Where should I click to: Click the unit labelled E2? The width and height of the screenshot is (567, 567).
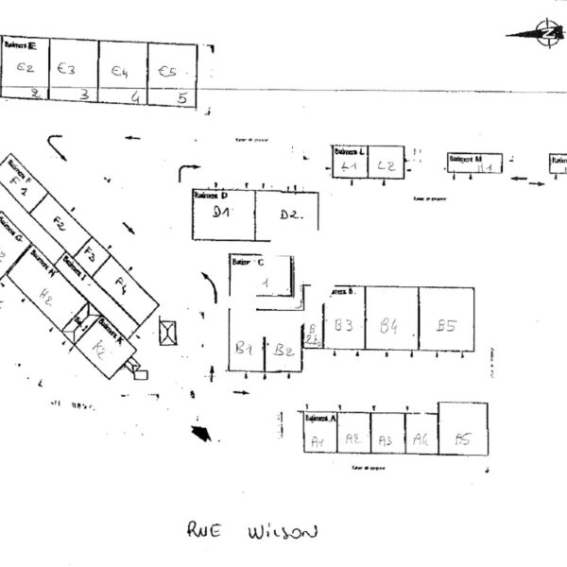[25, 69]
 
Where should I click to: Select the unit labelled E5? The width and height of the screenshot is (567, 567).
[169, 71]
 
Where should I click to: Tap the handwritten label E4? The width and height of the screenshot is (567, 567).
[119, 71]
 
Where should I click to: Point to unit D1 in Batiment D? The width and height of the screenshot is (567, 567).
[223, 214]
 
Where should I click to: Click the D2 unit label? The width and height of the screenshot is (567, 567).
[289, 215]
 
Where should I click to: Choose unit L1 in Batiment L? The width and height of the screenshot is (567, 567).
[349, 166]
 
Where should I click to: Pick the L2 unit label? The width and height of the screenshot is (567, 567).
[386, 166]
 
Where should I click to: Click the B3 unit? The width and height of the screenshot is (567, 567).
[344, 325]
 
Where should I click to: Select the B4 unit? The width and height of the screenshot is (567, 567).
[389, 326]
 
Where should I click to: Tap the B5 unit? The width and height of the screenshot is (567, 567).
[446, 325]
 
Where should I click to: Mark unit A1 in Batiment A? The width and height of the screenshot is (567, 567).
[318, 440]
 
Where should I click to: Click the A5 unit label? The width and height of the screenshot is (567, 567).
[463, 438]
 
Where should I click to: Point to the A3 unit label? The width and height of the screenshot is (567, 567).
[386, 439]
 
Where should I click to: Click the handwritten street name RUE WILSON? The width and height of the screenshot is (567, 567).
[250, 531]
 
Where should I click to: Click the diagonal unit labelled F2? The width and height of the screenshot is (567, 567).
[59, 225]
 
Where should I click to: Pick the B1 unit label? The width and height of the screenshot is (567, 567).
[243, 350]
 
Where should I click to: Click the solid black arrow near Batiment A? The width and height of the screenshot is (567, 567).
[200, 433]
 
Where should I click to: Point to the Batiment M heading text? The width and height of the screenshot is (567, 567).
[465, 159]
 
